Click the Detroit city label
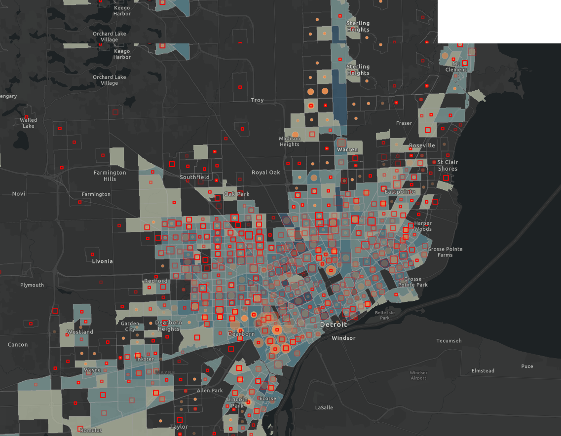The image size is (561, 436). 334,325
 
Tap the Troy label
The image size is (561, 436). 257,100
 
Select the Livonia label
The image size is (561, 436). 102,261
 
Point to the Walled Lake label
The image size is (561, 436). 29,123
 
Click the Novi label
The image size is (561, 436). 19,194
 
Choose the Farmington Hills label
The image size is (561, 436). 110,176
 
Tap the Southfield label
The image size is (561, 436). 194,177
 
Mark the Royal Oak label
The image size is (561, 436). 265,172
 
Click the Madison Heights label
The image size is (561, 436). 289,142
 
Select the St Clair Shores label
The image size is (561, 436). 447,165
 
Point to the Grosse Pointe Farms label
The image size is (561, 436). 445,252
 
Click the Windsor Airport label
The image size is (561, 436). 418,375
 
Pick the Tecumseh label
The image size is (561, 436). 449,341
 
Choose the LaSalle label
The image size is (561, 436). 324,407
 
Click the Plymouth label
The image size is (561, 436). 32,285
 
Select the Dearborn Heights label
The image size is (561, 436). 168,326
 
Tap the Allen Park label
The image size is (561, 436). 210,391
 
